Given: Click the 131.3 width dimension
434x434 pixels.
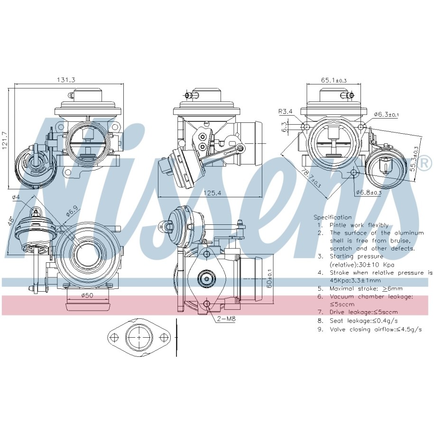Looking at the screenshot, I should (67, 80).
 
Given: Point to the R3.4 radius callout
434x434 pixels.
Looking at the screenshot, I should (286, 112).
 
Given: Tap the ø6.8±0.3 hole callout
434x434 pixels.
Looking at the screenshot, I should (369, 193).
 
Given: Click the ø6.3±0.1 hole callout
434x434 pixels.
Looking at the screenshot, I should (386, 114).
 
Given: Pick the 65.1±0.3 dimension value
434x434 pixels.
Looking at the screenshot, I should (333, 80).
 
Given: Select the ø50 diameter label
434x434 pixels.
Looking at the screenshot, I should (86, 295).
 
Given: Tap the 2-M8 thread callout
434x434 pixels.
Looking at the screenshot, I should (226, 319).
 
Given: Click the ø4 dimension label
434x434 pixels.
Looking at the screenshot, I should (16, 197).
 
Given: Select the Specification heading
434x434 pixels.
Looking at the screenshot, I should (332, 217).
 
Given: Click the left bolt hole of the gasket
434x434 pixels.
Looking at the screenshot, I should (114, 338).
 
